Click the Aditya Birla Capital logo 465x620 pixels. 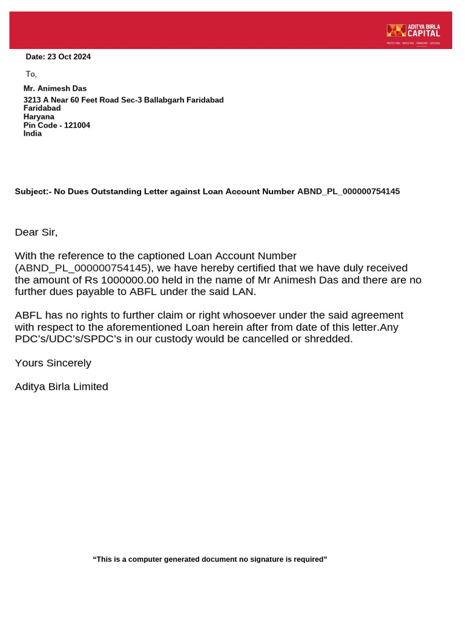click(x=414, y=34)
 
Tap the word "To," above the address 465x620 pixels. click(x=31, y=74)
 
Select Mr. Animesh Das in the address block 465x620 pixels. click(x=55, y=88)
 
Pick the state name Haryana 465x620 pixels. click(x=39, y=117)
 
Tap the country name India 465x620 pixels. click(x=33, y=134)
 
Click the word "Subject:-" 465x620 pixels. click(x=33, y=191)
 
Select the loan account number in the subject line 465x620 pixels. click(x=348, y=191)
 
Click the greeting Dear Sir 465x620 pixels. click(x=36, y=232)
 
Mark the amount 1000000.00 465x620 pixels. click(x=130, y=280)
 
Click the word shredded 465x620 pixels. click(x=327, y=339)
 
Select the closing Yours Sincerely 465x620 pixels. click(x=53, y=363)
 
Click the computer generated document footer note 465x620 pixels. click(x=209, y=559)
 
